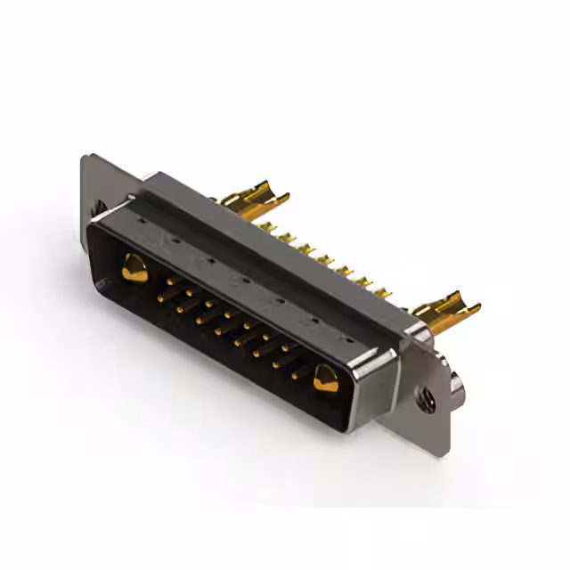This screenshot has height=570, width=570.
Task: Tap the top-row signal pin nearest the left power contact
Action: pos(168,281)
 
